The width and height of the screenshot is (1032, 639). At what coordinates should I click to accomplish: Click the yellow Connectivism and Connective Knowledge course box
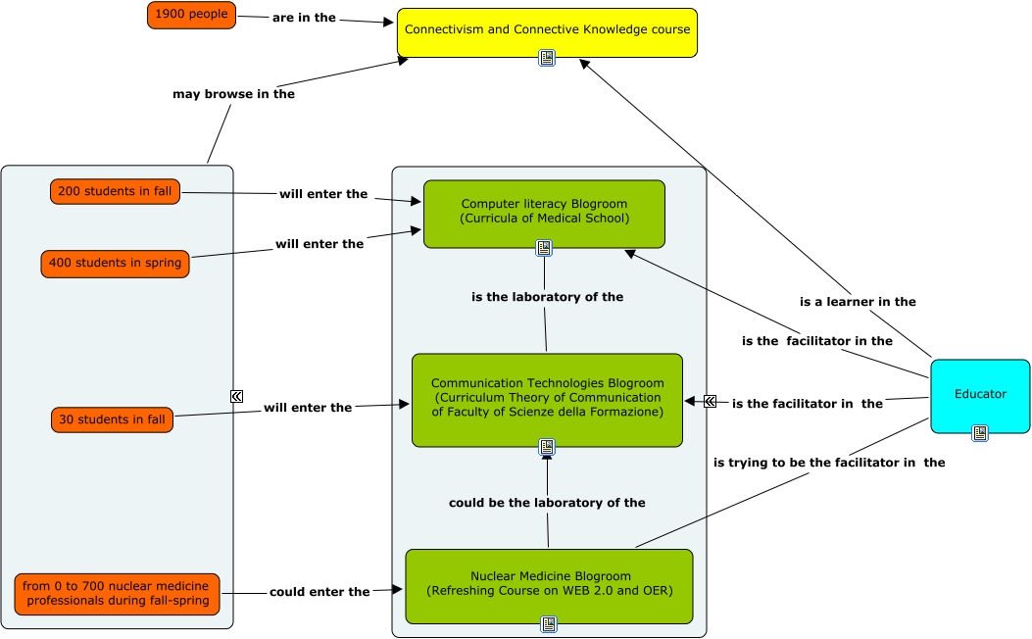(547, 29)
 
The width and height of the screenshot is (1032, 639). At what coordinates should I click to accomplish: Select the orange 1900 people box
(191, 15)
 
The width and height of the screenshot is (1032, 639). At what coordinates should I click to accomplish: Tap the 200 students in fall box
(115, 191)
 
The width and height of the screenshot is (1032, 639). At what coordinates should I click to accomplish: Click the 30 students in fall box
(112, 419)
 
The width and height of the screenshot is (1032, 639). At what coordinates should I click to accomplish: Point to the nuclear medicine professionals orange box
(118, 593)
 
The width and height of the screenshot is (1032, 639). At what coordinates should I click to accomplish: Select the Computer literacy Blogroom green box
(544, 212)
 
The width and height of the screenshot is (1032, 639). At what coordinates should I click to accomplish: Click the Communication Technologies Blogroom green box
(547, 398)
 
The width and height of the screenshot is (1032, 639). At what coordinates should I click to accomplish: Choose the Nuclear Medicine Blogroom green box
(549, 584)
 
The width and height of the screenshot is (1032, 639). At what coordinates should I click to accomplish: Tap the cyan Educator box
(980, 394)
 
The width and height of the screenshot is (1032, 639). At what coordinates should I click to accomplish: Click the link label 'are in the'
(304, 18)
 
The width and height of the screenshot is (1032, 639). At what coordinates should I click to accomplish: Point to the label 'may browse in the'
(233, 94)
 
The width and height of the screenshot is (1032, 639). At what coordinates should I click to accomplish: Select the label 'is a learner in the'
(858, 302)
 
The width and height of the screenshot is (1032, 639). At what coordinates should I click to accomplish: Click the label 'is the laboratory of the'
(547, 297)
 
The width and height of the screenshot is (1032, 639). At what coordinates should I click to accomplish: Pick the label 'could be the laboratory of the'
(547, 503)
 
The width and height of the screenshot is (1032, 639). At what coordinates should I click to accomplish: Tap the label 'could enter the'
(319, 592)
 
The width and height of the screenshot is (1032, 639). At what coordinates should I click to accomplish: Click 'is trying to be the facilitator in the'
(829, 463)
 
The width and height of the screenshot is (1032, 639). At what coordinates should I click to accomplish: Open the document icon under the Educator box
(980, 432)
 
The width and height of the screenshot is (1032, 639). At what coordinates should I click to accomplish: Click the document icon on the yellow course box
(547, 58)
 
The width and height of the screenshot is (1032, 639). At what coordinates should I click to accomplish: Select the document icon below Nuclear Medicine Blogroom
(549, 623)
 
